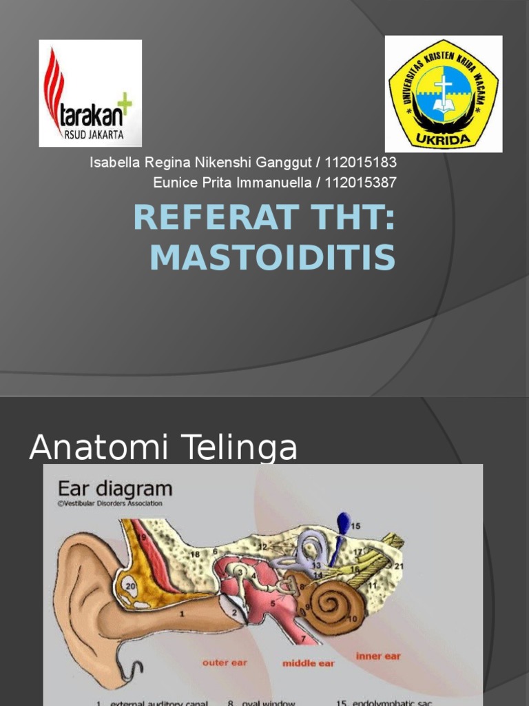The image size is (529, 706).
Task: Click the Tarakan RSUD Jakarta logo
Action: (x=90, y=93)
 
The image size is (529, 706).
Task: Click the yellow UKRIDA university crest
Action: (x=443, y=94)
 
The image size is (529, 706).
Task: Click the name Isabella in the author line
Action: (x=112, y=162)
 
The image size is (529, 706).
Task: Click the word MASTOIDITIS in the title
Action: (x=273, y=258)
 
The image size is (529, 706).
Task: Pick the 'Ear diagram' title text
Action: (x=114, y=490)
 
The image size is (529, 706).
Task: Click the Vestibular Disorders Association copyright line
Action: (x=110, y=503)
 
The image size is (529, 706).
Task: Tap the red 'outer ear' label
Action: (x=225, y=663)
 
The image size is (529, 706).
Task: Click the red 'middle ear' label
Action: (x=309, y=663)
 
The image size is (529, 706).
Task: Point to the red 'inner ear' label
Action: (x=377, y=656)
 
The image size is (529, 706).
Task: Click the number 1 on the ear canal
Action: (x=182, y=612)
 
